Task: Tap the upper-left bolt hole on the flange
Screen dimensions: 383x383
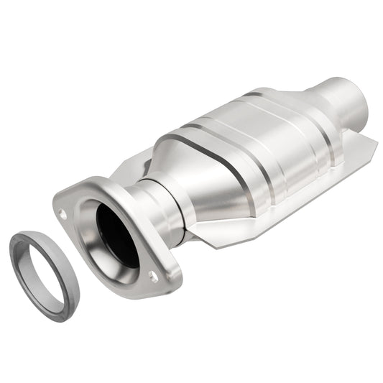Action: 64,213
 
